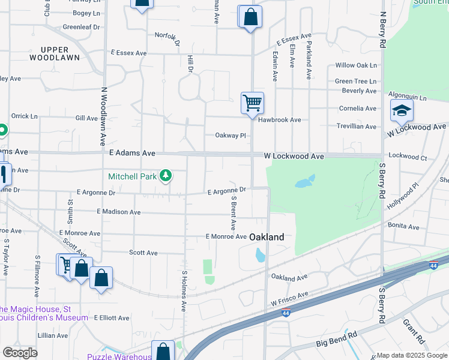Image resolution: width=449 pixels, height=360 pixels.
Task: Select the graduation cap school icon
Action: tap(402, 110)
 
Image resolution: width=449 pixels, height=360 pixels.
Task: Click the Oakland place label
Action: tap(267, 237)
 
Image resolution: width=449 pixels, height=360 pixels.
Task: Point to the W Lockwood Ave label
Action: tap(294, 156)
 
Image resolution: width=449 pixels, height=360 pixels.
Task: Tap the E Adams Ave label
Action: tap(132, 153)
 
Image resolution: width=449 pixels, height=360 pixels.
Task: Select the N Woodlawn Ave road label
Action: tap(103, 116)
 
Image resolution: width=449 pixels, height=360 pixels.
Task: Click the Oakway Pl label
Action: tap(231, 136)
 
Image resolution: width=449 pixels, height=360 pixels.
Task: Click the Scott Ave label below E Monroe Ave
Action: tap(143, 253)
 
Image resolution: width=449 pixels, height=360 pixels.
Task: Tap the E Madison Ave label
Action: tap(118, 212)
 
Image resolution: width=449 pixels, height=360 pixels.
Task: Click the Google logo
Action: tap(20, 352)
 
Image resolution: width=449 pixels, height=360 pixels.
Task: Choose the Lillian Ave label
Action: tap(53, 335)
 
